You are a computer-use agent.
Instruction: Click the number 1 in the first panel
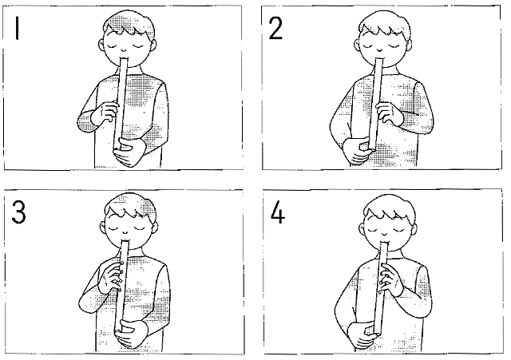(x=17, y=29)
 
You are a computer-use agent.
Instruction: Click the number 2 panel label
(x=275, y=29)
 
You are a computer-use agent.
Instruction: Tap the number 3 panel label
(x=18, y=212)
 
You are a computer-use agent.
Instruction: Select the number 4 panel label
(x=278, y=212)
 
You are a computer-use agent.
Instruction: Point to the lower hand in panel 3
(x=130, y=334)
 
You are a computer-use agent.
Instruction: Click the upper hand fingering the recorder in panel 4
(x=391, y=279)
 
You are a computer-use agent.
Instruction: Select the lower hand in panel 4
(x=362, y=335)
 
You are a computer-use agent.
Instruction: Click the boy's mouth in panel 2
(x=380, y=50)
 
